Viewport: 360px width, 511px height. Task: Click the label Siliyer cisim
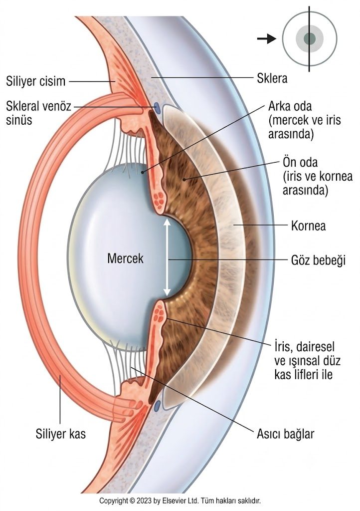[x=35, y=81]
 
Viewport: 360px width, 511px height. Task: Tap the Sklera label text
[x=272, y=78]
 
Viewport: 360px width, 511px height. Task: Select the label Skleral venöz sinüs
[x=38, y=113]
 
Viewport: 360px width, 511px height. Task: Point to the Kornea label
[x=308, y=226]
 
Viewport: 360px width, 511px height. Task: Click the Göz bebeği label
[x=318, y=260]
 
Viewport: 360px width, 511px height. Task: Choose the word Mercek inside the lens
[x=125, y=258]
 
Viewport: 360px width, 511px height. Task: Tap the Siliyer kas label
[x=60, y=434]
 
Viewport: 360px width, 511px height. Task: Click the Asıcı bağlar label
[x=286, y=434]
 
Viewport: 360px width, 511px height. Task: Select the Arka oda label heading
[x=290, y=107]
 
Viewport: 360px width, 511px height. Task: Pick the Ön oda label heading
[x=300, y=162]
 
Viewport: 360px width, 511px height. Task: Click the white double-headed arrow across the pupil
[x=167, y=257]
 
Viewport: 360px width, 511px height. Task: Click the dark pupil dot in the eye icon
[x=310, y=39]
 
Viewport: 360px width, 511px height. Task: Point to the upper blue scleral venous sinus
[x=157, y=108]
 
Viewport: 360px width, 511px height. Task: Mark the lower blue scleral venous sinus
[x=158, y=406]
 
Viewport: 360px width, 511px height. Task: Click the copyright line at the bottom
[x=180, y=501]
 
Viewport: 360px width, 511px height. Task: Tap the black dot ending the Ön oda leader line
[x=184, y=179]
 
